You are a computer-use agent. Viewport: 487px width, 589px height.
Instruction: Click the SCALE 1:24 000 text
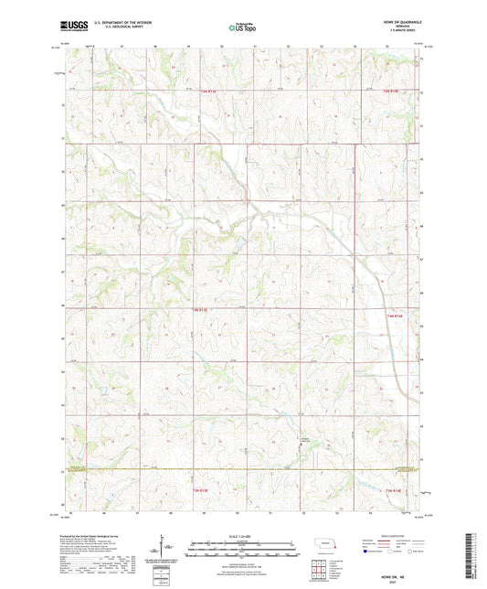242,536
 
